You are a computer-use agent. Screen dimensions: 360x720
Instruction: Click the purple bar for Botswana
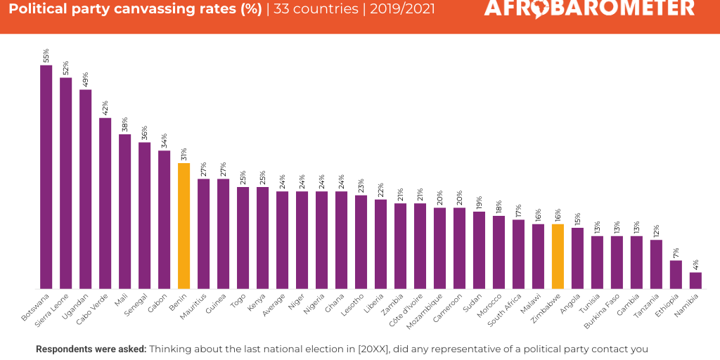pos(46,176)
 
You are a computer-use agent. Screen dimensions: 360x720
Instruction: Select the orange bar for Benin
pos(184,226)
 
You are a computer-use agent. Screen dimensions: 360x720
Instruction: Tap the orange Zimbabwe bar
pos(558,256)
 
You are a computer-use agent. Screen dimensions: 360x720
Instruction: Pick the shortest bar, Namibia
pos(695,280)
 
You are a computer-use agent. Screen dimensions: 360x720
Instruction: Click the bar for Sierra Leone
pos(65,183)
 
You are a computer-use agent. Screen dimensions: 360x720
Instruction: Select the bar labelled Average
pos(282,240)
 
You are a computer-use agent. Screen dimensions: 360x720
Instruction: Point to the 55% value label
pos(46,55)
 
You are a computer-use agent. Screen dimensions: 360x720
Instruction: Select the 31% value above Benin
pos(184,153)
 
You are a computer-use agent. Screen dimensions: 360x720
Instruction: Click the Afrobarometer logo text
pos(589,8)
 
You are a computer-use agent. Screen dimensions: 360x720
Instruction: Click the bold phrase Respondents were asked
pos(91,349)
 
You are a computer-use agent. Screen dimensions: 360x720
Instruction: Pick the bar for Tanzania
pos(656,264)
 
